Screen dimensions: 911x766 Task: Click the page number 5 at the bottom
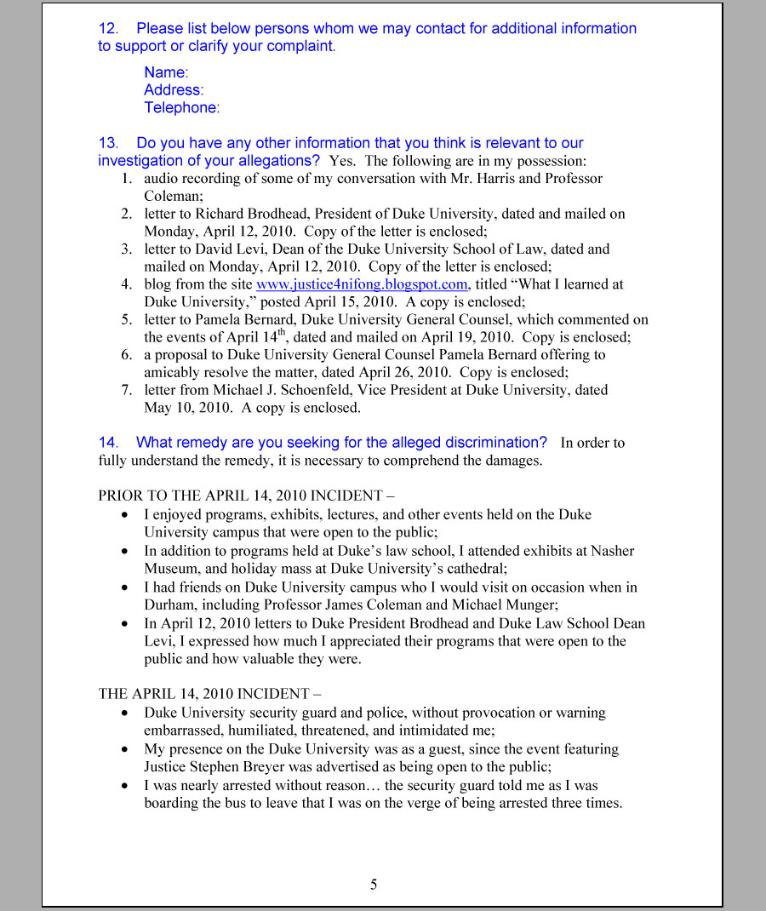click(x=374, y=885)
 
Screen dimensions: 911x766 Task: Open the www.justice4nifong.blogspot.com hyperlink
click(x=362, y=284)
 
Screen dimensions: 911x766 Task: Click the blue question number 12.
click(x=107, y=28)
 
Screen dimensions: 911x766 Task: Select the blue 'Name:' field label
click(x=166, y=72)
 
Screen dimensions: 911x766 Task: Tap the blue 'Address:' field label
click(x=174, y=90)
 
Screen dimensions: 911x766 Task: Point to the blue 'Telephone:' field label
click(x=181, y=108)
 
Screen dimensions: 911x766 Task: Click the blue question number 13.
click(x=107, y=143)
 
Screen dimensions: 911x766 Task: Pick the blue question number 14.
click(x=107, y=443)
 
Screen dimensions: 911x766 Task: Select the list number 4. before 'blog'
click(x=126, y=284)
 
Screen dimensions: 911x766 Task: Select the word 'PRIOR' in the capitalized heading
click(x=120, y=496)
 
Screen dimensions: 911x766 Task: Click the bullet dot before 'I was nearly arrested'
click(x=126, y=785)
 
